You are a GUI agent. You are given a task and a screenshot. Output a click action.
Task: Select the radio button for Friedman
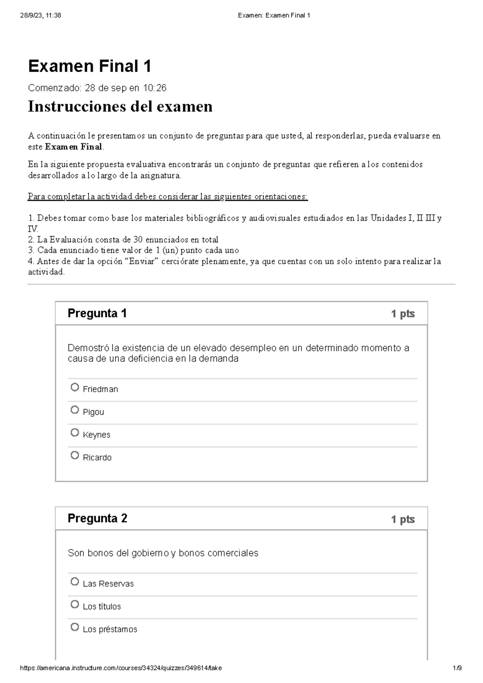(x=74, y=387)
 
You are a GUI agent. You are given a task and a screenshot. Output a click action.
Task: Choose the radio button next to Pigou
(x=74, y=410)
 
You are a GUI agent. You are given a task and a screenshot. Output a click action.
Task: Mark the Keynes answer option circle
(x=74, y=433)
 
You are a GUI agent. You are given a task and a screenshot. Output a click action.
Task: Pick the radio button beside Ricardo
(x=74, y=455)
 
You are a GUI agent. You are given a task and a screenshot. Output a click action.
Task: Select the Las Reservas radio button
(x=74, y=582)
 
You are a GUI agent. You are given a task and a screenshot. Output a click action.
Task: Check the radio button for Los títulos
(x=74, y=605)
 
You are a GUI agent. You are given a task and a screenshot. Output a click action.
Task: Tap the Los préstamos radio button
(x=74, y=627)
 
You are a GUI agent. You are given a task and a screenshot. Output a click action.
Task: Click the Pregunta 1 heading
(x=97, y=313)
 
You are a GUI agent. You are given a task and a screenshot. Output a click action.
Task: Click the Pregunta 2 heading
(x=97, y=518)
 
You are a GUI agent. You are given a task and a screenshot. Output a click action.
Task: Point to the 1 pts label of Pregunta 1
(x=402, y=314)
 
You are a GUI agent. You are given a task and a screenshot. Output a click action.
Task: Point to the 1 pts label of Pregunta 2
(x=402, y=519)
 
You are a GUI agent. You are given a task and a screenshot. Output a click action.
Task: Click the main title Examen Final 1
(x=89, y=66)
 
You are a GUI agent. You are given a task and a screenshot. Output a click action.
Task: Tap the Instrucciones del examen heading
(x=120, y=107)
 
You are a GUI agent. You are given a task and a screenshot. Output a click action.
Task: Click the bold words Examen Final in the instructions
(x=73, y=147)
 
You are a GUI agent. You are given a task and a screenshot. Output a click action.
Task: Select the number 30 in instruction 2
(x=138, y=240)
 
